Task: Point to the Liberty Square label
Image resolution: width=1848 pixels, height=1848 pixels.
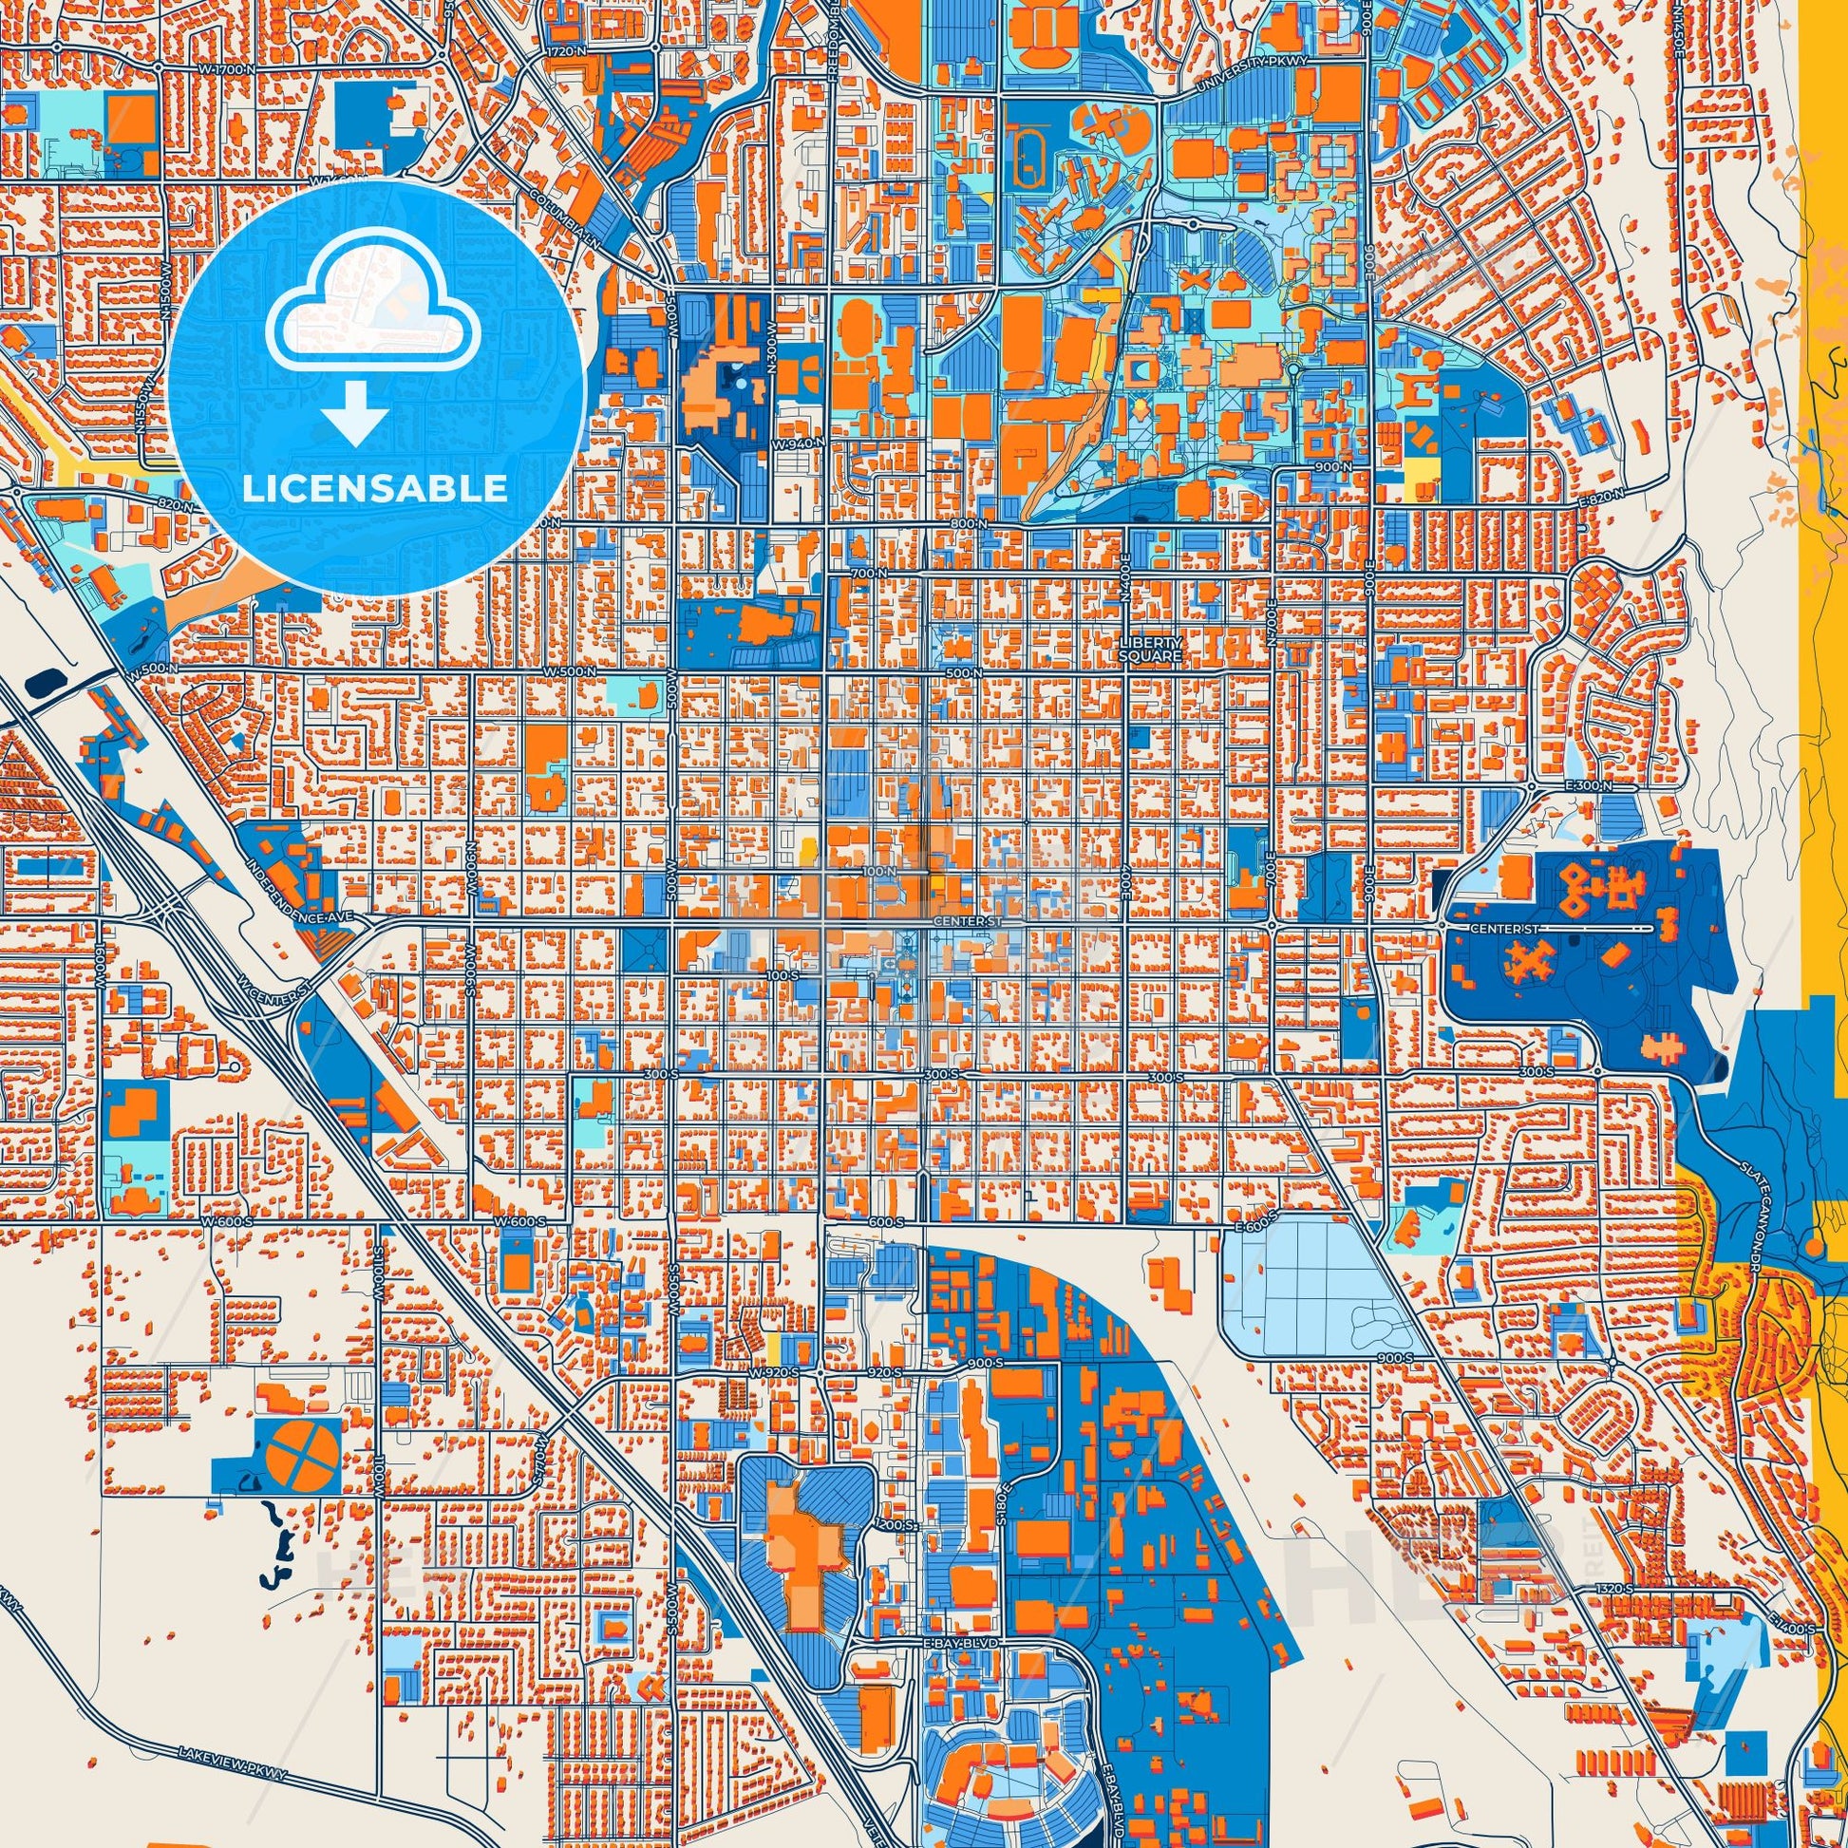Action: point(1152,650)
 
